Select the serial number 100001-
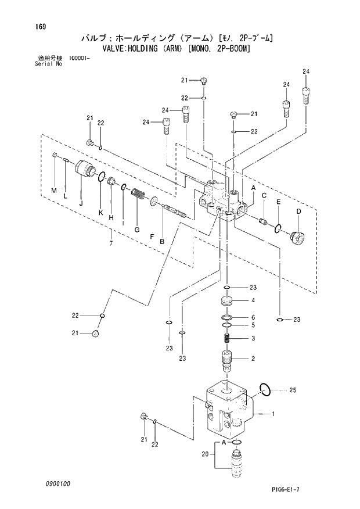80,58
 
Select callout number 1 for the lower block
273,414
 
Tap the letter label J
81,203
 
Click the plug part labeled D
297,238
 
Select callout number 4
253,300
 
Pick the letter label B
162,241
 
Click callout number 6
253,317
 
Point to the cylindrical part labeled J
87,170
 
